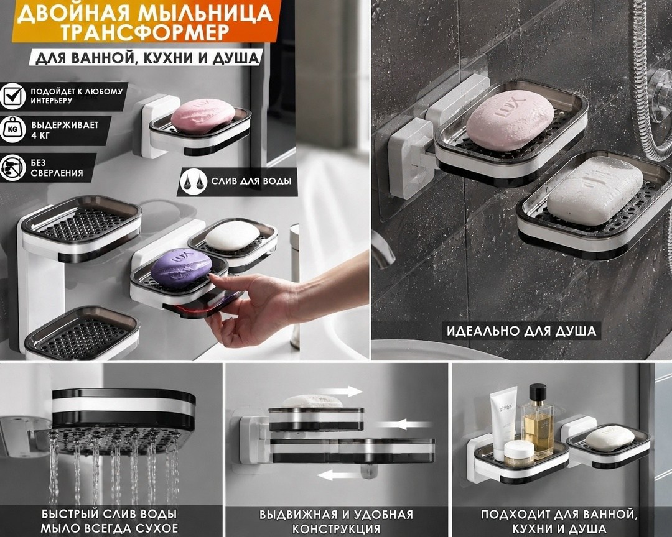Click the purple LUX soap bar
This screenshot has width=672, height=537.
181,268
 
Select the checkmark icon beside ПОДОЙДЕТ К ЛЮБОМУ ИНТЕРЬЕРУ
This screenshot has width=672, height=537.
13,96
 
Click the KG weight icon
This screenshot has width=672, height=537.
13,129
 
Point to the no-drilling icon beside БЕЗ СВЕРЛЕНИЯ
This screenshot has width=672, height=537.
13,167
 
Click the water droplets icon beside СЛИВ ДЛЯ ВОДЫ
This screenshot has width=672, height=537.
192,181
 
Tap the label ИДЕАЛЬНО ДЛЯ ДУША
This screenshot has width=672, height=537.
521,331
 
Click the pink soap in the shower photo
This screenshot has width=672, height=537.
510,121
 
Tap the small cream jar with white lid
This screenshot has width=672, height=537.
519,454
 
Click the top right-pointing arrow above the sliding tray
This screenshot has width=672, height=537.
340,392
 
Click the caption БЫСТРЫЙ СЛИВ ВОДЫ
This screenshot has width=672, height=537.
110,514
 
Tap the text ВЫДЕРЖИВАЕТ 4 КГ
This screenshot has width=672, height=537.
65,130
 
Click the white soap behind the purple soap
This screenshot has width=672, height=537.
232,236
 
